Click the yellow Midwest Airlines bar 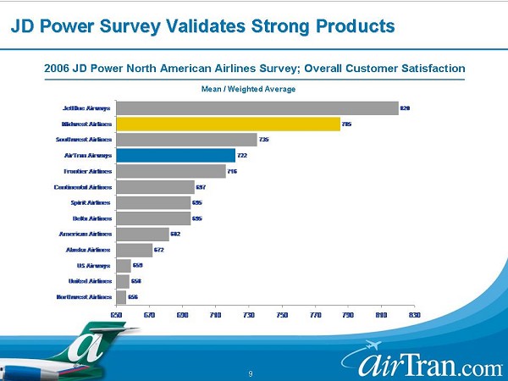(228, 124)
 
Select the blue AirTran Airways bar (175, 155)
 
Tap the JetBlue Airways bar (257, 108)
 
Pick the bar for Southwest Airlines (186, 140)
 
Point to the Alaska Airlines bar (134, 250)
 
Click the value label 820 (405, 108)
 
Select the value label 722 (241, 156)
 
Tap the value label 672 (158, 250)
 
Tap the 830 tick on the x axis (414, 315)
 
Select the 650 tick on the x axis (117, 315)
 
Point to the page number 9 (251, 373)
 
